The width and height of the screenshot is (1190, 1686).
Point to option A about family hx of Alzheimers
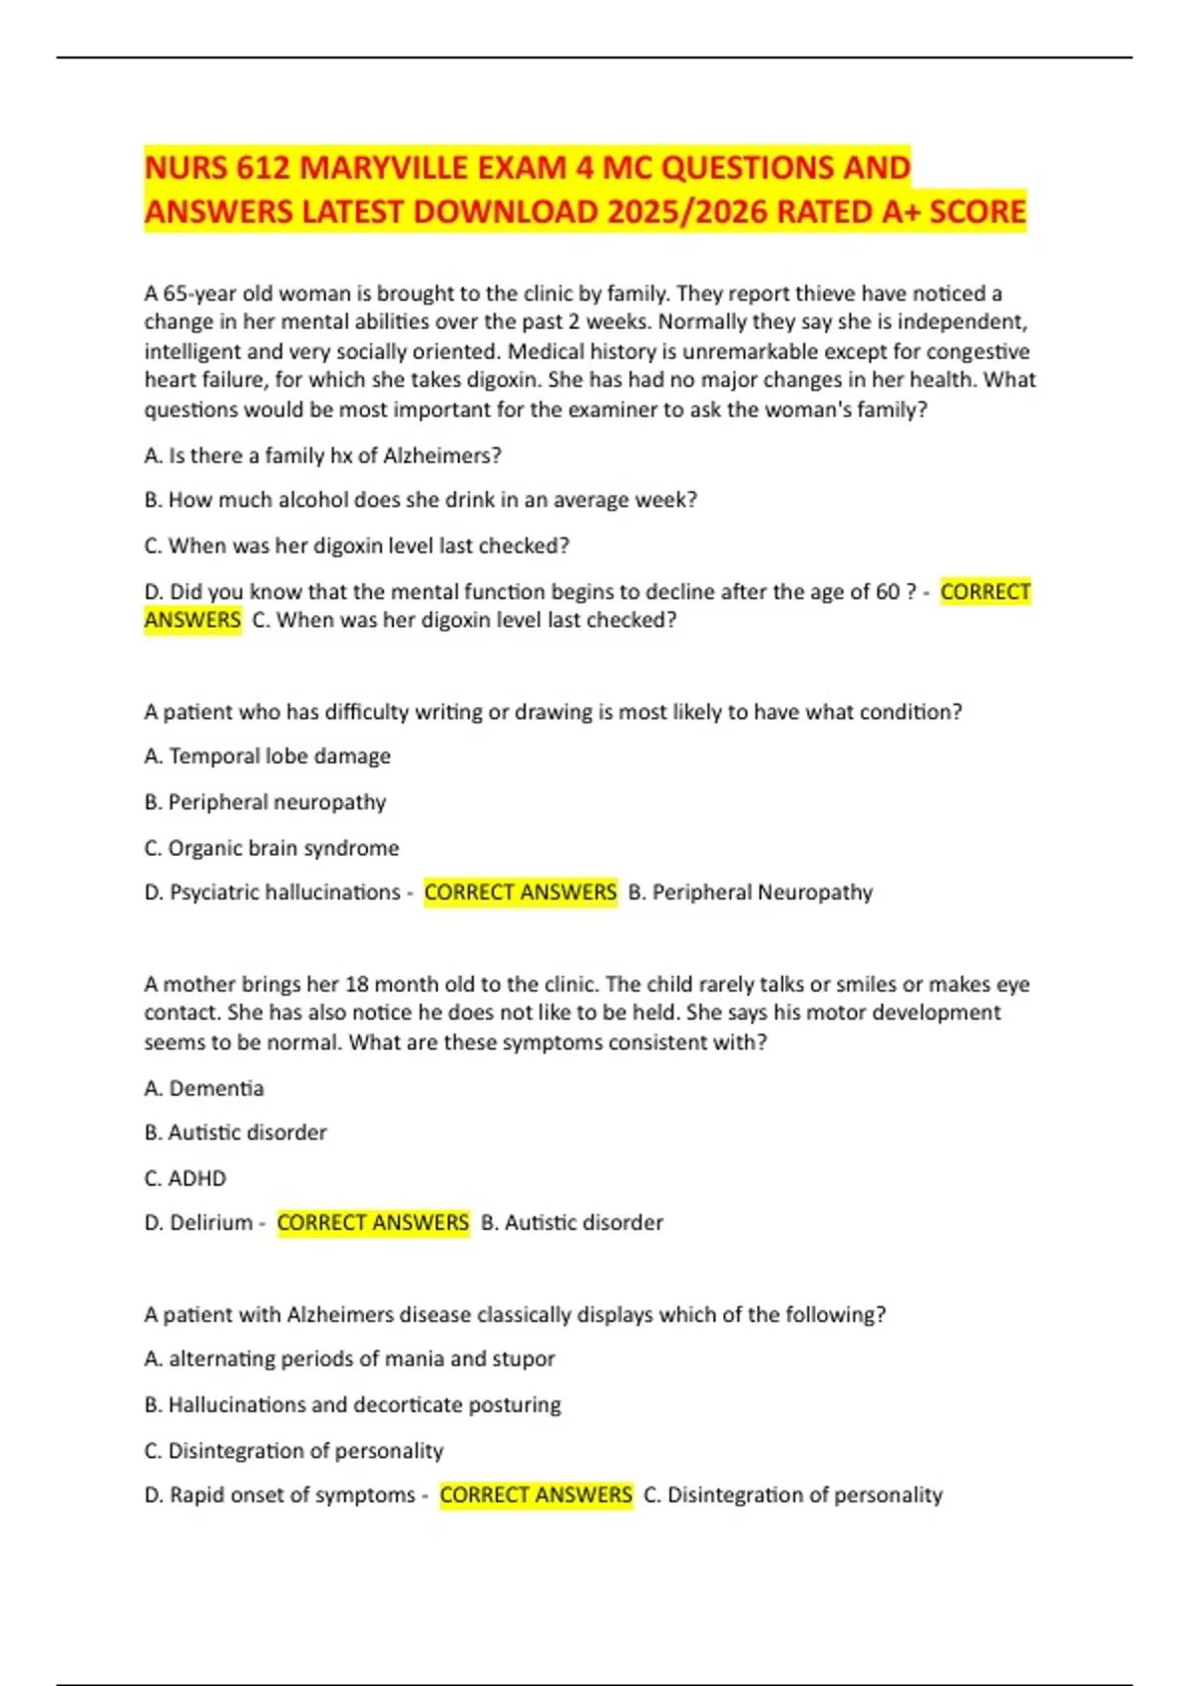pyautogui.click(x=322, y=455)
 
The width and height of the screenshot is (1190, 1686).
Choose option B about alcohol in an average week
pyautogui.click(x=420, y=500)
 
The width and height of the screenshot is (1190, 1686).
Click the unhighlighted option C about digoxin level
pyautogui.click(x=357, y=545)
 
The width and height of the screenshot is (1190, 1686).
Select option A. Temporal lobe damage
pyautogui.click(x=267, y=756)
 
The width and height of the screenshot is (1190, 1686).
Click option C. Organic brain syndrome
pyautogui.click(x=272, y=848)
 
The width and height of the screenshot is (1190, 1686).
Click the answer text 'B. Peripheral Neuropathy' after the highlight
pyautogui.click(x=751, y=893)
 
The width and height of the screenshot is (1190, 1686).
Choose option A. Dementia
pyautogui.click(x=204, y=1088)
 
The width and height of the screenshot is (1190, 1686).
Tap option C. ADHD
pyautogui.click(x=185, y=1178)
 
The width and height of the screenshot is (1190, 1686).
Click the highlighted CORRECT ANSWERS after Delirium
pyautogui.click(x=373, y=1223)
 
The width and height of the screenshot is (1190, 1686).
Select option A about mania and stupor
pyautogui.click(x=349, y=1359)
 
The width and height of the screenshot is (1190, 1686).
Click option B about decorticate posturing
pyautogui.click(x=352, y=1404)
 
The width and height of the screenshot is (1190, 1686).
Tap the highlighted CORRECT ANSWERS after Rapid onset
pyautogui.click(x=535, y=1495)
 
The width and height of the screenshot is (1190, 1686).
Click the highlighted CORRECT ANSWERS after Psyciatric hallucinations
pyautogui.click(x=521, y=893)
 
